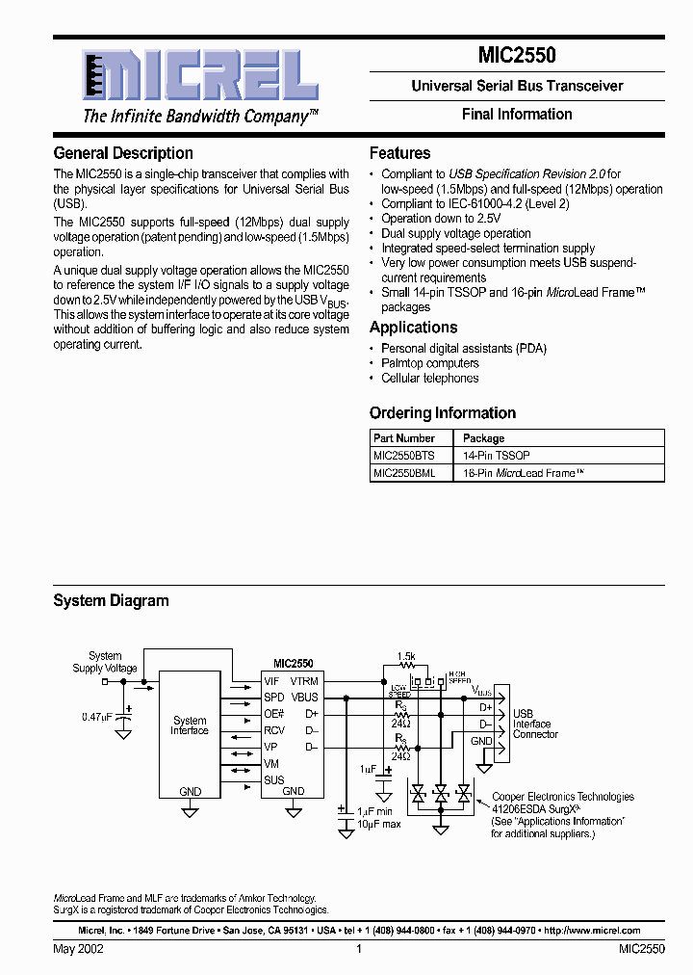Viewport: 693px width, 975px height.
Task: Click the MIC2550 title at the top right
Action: click(517, 56)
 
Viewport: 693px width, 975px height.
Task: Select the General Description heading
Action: click(123, 153)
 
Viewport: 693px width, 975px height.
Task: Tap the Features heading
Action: click(399, 153)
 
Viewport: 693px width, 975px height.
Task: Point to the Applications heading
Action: click(413, 328)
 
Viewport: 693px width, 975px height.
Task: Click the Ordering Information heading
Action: click(443, 413)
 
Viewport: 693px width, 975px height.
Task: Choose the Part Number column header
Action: click(404, 437)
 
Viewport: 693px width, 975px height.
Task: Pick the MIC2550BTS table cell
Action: click(404, 455)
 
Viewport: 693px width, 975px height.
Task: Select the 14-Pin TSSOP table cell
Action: click(497, 455)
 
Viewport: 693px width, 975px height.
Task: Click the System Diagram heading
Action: click(111, 601)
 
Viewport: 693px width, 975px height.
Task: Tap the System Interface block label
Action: click(190, 725)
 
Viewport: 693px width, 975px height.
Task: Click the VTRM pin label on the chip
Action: click(304, 681)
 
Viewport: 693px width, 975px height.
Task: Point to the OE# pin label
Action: click(274, 714)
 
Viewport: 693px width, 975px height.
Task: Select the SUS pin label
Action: click(273, 780)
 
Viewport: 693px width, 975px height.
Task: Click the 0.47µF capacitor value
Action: click(96, 717)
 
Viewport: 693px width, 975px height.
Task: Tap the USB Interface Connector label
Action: click(535, 724)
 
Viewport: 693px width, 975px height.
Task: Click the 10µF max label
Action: click(378, 825)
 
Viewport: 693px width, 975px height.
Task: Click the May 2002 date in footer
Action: click(79, 949)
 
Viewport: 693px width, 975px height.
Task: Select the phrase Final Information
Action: click(517, 114)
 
